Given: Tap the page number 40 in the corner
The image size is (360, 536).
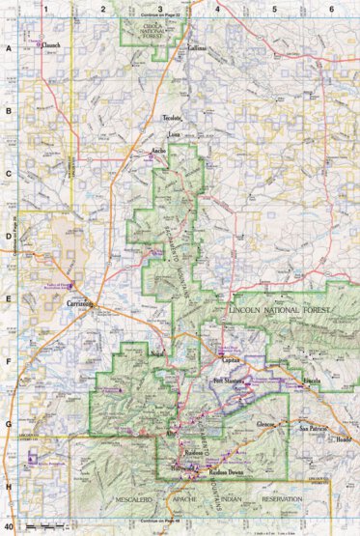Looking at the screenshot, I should click(x=10, y=527).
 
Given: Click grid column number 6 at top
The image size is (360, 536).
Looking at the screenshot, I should click(x=331, y=8).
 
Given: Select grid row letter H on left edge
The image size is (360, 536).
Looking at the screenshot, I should click(x=8, y=486).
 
